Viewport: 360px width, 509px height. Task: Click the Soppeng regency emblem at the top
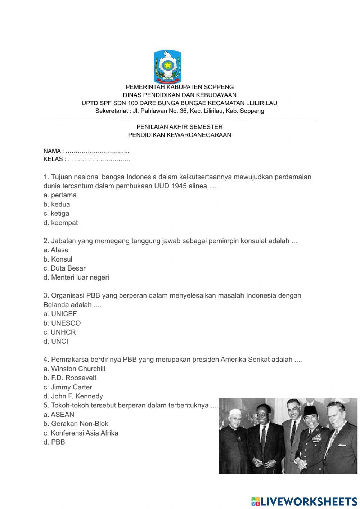[x=167, y=67]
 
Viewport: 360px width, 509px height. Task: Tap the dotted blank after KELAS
[x=99, y=159]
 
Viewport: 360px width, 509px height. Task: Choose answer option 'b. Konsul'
[x=58, y=259]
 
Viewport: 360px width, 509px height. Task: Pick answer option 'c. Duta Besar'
[x=64, y=268]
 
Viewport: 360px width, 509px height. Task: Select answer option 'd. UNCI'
[x=56, y=341]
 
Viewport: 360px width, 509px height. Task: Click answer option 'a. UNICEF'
[x=60, y=314]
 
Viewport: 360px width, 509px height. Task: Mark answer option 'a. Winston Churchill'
[x=74, y=369]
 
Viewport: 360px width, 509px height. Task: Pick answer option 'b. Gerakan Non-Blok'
[x=76, y=424]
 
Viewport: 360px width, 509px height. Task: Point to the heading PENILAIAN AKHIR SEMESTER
[x=179, y=127]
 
